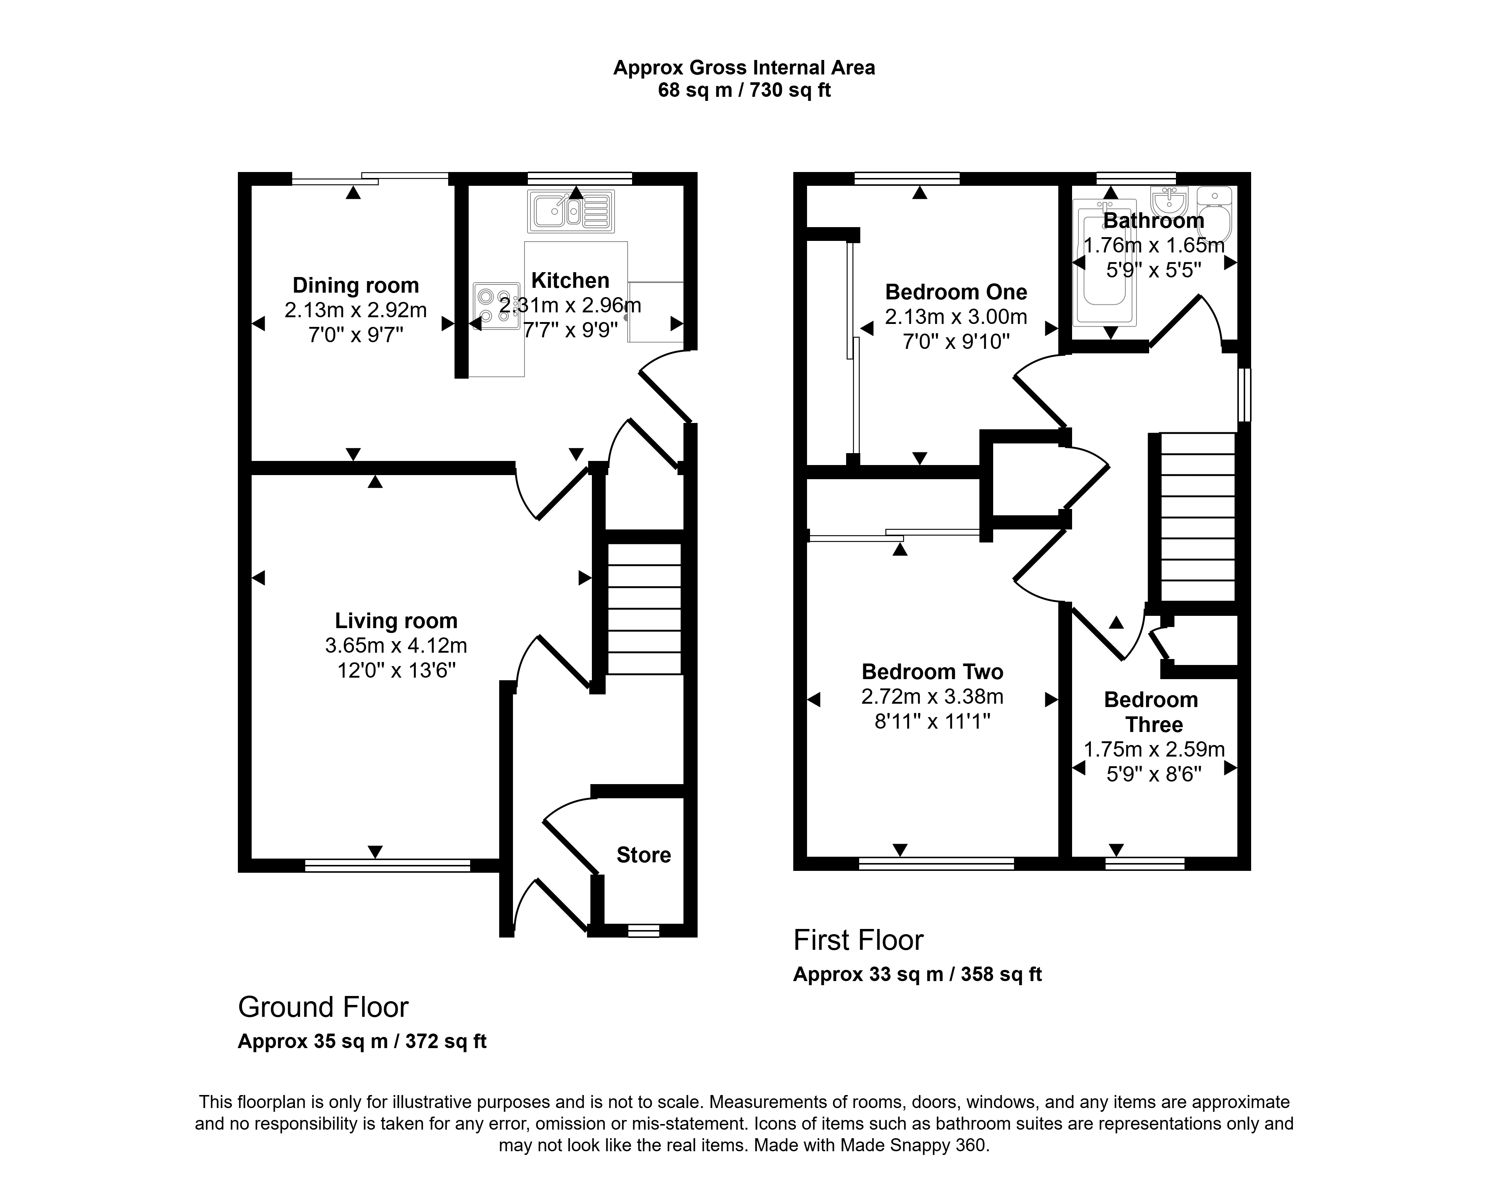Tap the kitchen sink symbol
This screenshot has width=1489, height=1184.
pos(570,211)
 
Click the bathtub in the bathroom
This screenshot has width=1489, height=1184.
pos(1104,262)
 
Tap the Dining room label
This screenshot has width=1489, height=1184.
pos(355,285)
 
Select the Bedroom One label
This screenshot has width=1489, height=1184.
pos(956,292)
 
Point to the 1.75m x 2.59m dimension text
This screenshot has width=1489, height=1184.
pos(1154,749)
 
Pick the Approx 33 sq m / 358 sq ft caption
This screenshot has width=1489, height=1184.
pos(917,975)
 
